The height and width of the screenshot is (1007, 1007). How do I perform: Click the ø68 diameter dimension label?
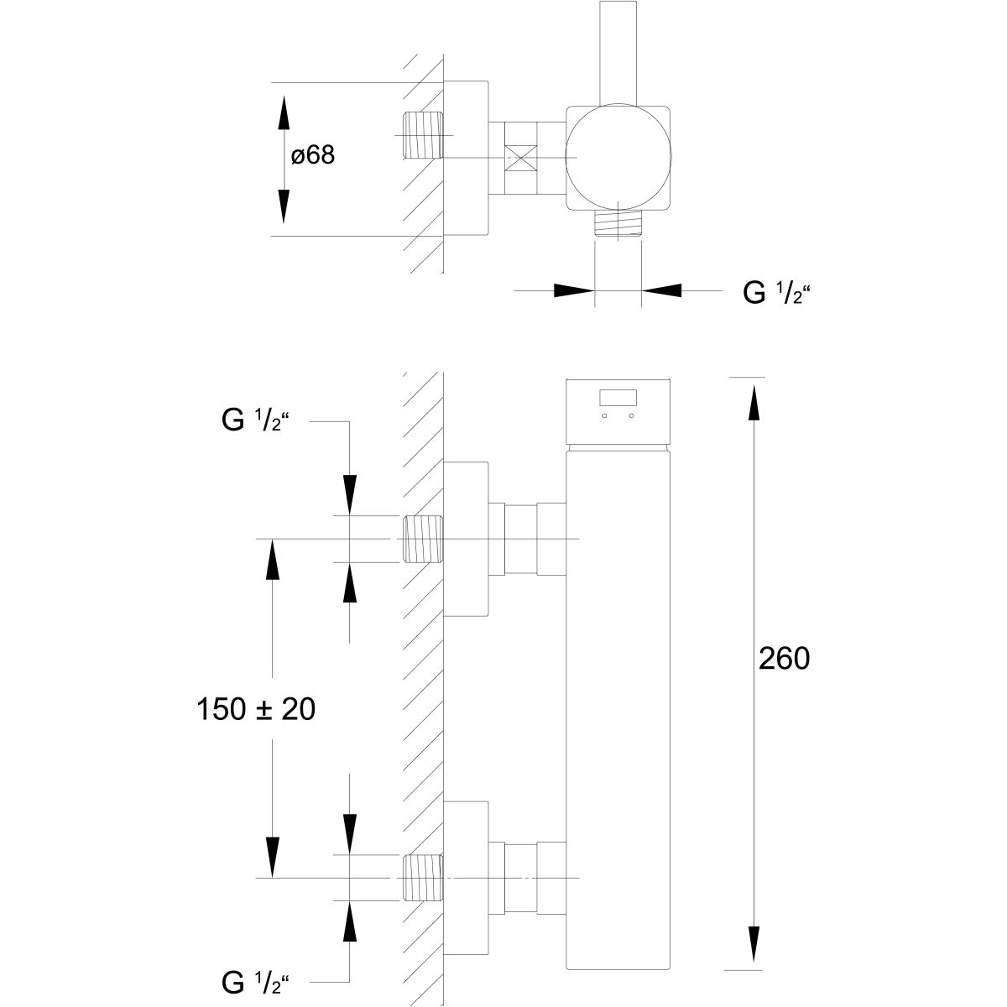pos(313,156)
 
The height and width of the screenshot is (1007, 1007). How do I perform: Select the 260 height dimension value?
pos(784,659)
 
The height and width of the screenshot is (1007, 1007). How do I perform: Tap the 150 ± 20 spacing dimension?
pos(256,709)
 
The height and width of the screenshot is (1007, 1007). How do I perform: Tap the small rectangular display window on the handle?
pos(618,398)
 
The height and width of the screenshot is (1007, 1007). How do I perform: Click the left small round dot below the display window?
pos(604,416)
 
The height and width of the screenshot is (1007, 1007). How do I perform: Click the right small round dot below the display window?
pos(633,416)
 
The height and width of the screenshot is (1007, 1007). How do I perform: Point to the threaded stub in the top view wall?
pos(422,135)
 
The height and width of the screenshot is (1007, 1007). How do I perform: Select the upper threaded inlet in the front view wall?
pos(423,538)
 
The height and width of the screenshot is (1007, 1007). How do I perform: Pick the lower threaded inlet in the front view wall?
pos(423,878)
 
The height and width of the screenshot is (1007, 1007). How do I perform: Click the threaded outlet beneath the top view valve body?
pos(618,223)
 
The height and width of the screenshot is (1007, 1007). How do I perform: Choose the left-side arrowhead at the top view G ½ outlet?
pos(573,290)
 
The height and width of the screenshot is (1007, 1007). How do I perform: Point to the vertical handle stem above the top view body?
pos(619,50)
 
